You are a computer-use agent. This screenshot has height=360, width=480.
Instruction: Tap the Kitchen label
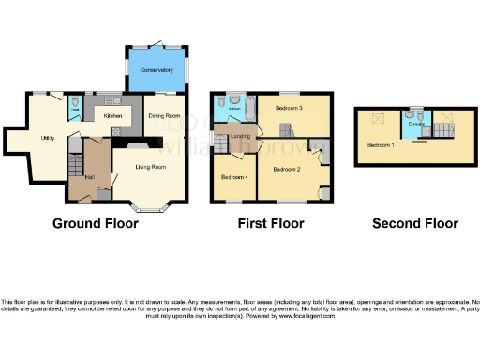click(x=113, y=115)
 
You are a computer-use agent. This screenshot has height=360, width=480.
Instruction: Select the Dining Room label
click(x=164, y=115)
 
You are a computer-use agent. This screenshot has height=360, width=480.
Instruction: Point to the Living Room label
click(x=150, y=167)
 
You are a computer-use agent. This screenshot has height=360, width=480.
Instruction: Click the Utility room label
click(x=47, y=137)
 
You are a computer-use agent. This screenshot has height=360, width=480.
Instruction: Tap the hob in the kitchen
click(x=116, y=129)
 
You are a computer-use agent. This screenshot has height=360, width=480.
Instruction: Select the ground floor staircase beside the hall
click(x=73, y=170)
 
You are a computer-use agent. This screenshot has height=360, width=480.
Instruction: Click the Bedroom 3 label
click(x=287, y=109)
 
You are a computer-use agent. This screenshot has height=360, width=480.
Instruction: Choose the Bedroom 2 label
click(x=286, y=169)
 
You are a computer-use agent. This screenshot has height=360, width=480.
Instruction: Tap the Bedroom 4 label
click(x=233, y=176)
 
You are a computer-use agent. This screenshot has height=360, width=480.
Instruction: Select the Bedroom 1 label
click(x=380, y=145)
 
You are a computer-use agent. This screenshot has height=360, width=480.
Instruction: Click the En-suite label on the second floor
click(x=415, y=124)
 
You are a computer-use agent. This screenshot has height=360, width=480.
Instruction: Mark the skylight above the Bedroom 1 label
click(x=381, y=119)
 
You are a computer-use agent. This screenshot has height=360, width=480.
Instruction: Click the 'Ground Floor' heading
click(x=95, y=223)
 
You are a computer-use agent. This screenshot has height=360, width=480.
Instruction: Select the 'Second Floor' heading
click(x=415, y=223)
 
